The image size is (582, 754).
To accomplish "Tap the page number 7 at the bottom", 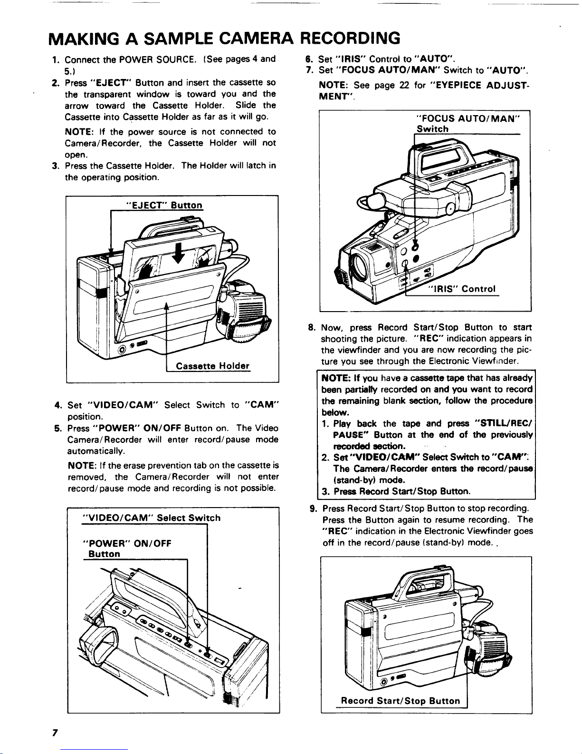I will click(55, 733).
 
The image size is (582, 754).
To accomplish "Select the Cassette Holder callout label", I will click(212, 366).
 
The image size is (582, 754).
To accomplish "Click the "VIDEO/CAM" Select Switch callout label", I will click(152, 518).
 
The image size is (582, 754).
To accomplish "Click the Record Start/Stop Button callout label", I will click(401, 701).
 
